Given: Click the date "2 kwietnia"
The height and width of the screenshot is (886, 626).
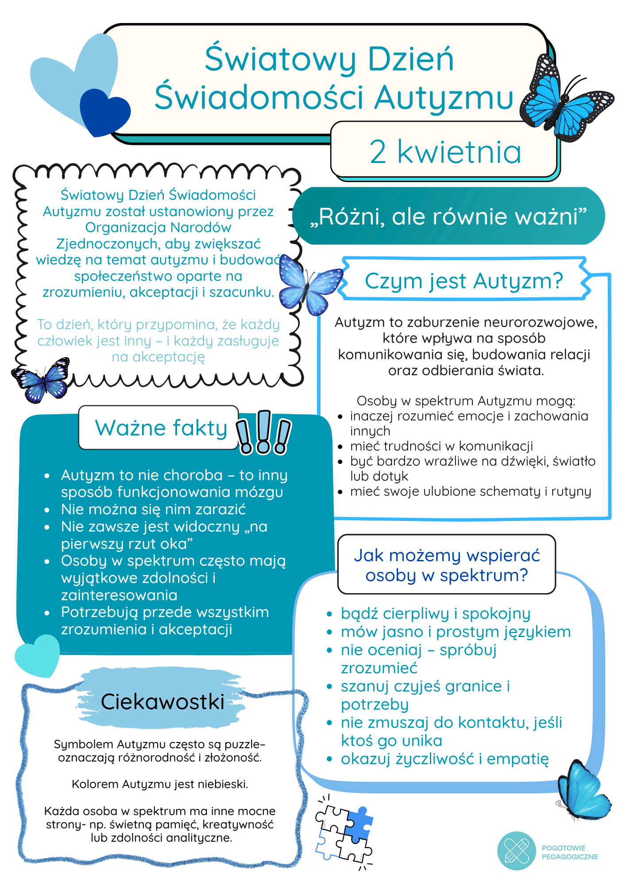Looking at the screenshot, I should (x=445, y=152).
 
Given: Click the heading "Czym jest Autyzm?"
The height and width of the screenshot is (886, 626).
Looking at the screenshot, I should (x=464, y=281).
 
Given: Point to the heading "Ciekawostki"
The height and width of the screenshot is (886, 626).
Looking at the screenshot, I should (x=162, y=702).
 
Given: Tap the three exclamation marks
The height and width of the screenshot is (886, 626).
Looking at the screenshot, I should (x=263, y=433).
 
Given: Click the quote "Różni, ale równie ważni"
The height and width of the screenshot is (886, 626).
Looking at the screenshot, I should (x=448, y=217).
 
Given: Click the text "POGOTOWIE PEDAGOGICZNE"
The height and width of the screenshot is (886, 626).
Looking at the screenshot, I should (x=569, y=852).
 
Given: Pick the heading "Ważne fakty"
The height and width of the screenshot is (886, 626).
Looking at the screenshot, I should (x=161, y=428).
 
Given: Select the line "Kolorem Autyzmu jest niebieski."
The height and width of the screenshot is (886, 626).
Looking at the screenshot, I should (x=160, y=784).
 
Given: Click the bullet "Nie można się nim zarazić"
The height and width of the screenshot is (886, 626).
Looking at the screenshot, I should (x=153, y=509).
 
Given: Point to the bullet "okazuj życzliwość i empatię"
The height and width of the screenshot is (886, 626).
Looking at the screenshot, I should (x=444, y=759).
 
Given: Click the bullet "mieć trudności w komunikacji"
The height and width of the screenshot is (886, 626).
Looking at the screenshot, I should (x=441, y=446).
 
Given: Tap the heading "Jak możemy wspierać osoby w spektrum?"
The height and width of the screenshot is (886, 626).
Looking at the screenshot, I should (x=447, y=565).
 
